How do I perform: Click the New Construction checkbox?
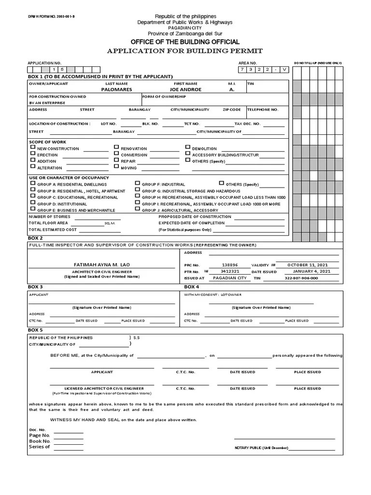pos(32,147)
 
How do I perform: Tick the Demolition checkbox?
pos(188,147)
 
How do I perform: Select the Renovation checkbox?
pos(116,147)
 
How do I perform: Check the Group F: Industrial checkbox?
pos(138,184)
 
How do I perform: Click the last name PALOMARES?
pos(116,89)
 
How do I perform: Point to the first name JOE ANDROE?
pos(186,89)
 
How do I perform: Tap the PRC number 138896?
pos(230,265)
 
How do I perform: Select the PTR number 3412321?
pos(230,272)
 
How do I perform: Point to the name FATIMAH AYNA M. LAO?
pos(101,265)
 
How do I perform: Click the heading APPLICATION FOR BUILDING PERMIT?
pos(185,51)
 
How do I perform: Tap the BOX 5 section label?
pos(36,330)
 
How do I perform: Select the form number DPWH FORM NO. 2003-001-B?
pos(48,17)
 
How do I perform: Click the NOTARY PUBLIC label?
pos(261,448)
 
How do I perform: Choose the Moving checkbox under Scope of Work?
pos(116,166)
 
